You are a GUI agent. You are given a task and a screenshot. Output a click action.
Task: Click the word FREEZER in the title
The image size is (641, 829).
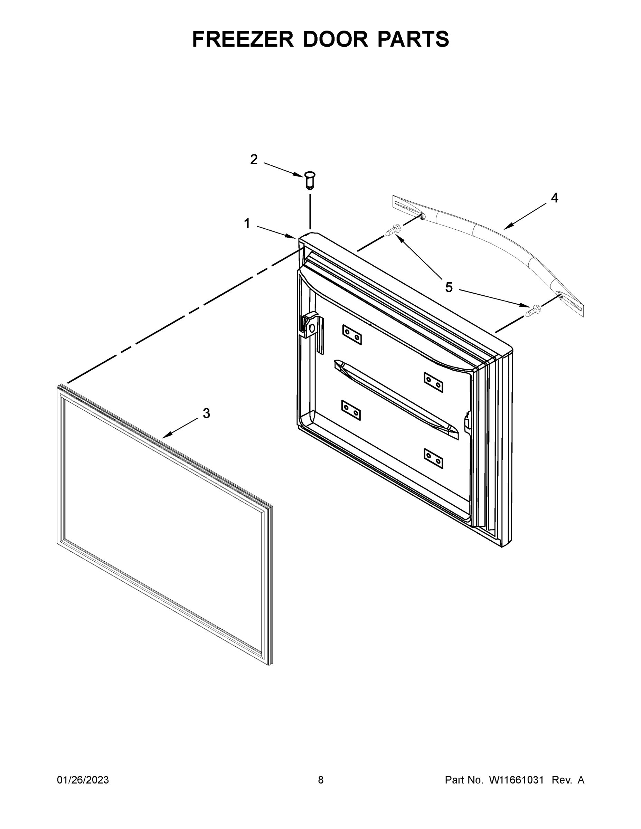[x=243, y=39]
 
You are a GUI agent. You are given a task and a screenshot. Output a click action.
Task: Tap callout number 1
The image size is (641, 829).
[x=247, y=223]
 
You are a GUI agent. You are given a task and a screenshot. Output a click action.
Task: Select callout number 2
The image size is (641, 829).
[x=254, y=160]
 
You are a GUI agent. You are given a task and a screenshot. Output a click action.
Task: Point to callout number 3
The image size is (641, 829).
[x=206, y=413]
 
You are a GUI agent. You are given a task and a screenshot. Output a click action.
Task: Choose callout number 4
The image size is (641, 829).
[x=555, y=198]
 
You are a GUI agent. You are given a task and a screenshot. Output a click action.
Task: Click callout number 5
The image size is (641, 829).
[x=449, y=288]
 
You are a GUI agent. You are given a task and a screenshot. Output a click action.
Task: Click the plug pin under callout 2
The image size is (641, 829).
[x=310, y=180]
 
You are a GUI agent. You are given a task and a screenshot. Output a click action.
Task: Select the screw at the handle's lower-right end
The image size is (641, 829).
[x=533, y=311]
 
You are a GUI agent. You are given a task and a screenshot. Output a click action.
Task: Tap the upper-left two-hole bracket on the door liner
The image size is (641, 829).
[x=352, y=335]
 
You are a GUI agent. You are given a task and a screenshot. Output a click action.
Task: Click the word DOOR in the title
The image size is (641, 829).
[x=335, y=39]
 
